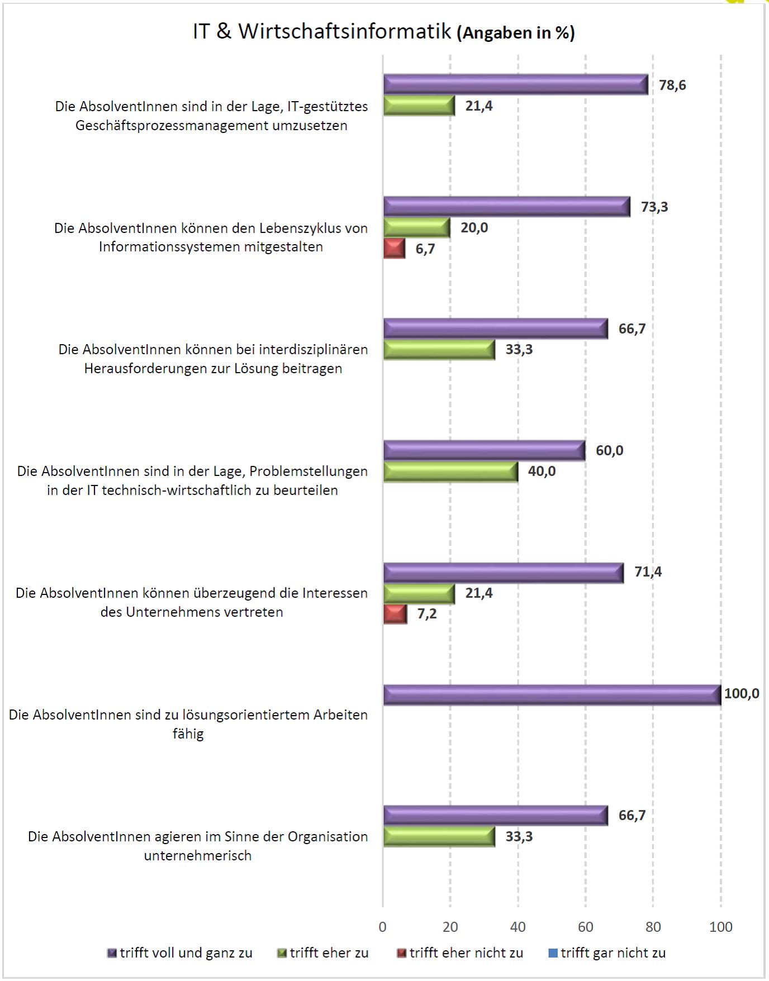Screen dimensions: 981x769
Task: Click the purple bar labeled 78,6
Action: click(x=515, y=85)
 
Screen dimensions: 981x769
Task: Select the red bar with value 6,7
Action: click(x=394, y=249)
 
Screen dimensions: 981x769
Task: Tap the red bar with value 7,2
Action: click(x=395, y=614)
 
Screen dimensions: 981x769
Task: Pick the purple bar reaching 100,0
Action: click(x=552, y=695)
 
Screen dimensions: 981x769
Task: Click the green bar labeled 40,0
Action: click(x=450, y=472)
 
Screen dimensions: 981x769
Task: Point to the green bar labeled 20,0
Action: click(x=416, y=228)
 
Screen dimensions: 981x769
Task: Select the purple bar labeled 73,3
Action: click(x=506, y=207)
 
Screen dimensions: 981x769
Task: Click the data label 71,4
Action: click(x=648, y=572)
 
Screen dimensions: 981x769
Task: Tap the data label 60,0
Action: click(x=609, y=450)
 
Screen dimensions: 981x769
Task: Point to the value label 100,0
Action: click(x=742, y=694)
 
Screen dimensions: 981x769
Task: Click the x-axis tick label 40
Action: click(x=518, y=927)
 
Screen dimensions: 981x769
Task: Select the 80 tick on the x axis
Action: click(x=653, y=927)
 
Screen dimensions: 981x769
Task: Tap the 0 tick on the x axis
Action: click(x=383, y=927)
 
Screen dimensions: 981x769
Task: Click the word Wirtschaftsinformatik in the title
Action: click(x=345, y=31)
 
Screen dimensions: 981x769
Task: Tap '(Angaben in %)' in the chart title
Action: click(x=515, y=33)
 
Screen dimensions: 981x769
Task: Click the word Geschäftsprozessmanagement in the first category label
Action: click(x=172, y=125)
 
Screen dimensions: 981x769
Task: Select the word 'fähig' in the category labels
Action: click(x=188, y=734)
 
